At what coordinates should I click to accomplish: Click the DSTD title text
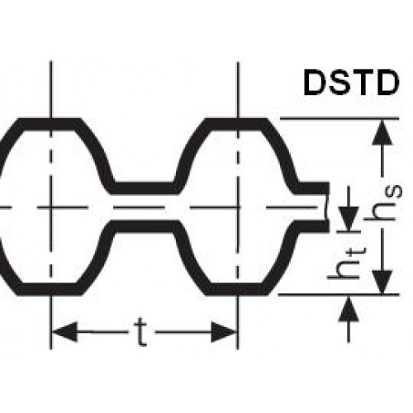[x=351, y=83]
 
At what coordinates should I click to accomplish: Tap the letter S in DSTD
[x=339, y=83]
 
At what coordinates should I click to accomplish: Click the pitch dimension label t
[x=141, y=333]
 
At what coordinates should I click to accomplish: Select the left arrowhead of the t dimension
[x=64, y=332]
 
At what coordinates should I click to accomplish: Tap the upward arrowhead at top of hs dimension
[x=382, y=132]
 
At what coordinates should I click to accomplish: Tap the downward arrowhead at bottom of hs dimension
[x=382, y=282]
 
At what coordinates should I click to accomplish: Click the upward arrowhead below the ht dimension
[x=349, y=308]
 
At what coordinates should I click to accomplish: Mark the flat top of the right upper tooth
[x=237, y=124]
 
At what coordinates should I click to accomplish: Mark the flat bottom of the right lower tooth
[x=237, y=290]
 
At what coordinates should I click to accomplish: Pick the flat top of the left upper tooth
[x=50, y=124]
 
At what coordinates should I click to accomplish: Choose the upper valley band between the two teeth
[x=144, y=188]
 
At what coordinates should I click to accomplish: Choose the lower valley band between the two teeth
[x=144, y=225]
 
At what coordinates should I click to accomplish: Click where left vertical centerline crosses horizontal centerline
[x=50, y=207]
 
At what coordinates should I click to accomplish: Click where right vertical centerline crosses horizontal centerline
[x=238, y=207]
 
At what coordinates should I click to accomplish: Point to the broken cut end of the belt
[x=326, y=207]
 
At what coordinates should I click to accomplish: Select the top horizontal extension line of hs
[x=339, y=119]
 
